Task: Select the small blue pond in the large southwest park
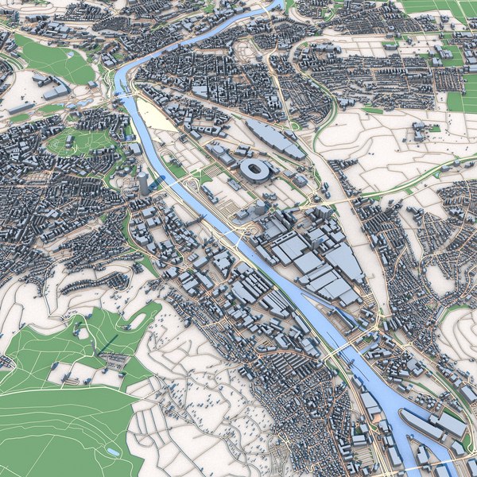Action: [x=113, y=452]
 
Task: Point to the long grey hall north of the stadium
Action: [x=273, y=138]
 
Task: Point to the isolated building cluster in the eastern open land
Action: [x=419, y=132]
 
